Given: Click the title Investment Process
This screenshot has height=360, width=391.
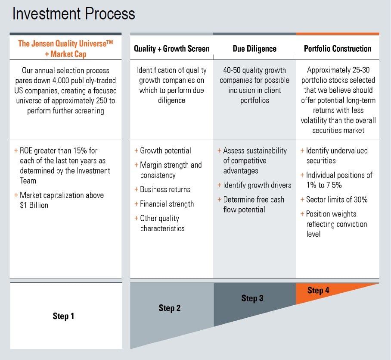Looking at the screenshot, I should coord(74,14).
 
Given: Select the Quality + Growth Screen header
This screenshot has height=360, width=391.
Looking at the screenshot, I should coord(171,49).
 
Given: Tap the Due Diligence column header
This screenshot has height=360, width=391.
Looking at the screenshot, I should coord(254,49).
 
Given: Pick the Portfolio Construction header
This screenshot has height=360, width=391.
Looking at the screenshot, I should coord(338,49).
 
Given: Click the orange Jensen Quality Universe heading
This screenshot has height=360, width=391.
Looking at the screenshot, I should coord(65,49).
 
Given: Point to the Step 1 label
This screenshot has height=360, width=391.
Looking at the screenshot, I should coord(63,316).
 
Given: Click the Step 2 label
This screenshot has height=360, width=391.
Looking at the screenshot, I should coord(170,308).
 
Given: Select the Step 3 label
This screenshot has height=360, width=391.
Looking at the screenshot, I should coord(252,298).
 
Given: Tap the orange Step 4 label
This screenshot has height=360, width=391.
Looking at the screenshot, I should coord(318,291).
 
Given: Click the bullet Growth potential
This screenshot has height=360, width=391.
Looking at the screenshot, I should coord(165,151).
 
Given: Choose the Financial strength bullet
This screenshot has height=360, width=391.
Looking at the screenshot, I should coord(167,204).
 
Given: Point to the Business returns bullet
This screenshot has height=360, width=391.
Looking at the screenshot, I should coord(165,190).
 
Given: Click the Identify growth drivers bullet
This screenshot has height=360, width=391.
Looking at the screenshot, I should coord(257,185).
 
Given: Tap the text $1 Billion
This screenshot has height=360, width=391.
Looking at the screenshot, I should coord(34,205).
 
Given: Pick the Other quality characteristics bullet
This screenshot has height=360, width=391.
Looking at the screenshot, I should coord(162,223).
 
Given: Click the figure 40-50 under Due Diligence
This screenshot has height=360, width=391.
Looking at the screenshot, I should coord(233,70).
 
